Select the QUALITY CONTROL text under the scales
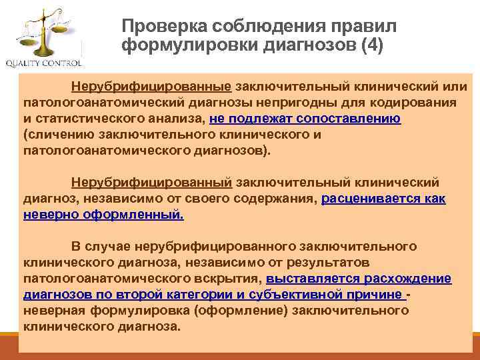(44, 64)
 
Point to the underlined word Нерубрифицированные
(151, 87)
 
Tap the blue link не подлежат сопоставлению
(305, 119)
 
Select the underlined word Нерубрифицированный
(151, 183)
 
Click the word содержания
(281, 199)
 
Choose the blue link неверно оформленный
(103, 215)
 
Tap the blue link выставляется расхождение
(358, 279)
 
